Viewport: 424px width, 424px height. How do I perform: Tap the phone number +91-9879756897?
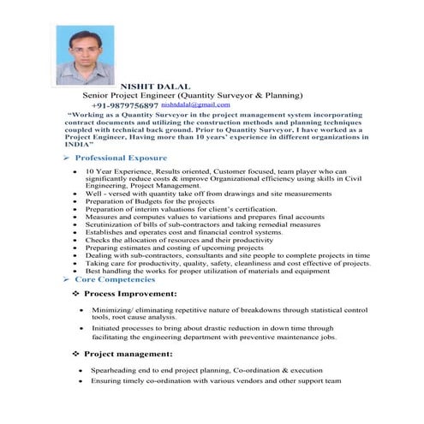point(126,105)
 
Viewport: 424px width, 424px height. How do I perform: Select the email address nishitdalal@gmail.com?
point(196,104)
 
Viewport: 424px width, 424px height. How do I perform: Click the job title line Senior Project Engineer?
point(192,95)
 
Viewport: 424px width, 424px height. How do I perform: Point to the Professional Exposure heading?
point(120,159)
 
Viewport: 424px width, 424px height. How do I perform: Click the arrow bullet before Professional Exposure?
point(67,159)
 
